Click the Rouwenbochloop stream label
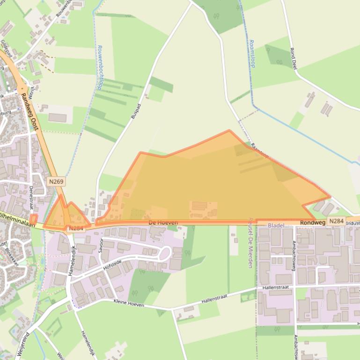(99, 68)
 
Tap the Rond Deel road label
(294, 58)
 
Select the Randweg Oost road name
(29, 110)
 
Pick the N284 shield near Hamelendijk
(75, 228)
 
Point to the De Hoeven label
(163, 223)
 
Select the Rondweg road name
(313, 223)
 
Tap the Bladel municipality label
(276, 225)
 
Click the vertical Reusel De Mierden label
(250, 243)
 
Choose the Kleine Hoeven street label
(129, 304)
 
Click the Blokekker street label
(11, 256)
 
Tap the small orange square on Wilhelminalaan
(33, 219)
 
